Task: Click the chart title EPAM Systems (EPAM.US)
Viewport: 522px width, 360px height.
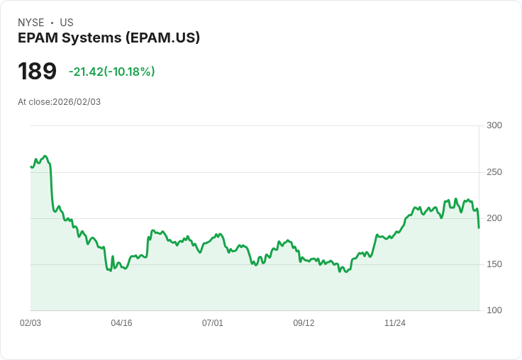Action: (x=109, y=38)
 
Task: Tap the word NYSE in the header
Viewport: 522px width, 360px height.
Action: (x=31, y=23)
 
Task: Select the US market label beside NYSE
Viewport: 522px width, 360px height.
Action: (x=67, y=23)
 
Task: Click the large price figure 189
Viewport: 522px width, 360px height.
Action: (x=37, y=71)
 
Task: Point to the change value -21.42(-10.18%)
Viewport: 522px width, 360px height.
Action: (x=111, y=72)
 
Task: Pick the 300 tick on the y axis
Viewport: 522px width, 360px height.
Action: (x=494, y=125)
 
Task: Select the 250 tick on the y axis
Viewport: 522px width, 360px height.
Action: (x=494, y=172)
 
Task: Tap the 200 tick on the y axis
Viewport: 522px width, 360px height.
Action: (x=494, y=218)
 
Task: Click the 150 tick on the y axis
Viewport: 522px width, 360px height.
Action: (x=494, y=264)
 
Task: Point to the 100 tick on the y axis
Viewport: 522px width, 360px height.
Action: (x=494, y=310)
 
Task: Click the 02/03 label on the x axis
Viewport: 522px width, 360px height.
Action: (x=30, y=323)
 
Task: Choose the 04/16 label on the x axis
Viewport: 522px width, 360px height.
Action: (x=121, y=323)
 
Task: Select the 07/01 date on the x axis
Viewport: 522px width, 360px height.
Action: (x=213, y=323)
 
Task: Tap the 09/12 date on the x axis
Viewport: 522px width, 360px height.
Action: (x=304, y=323)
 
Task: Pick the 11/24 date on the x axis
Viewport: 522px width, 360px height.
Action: (x=395, y=323)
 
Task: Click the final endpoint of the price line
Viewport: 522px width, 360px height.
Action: (x=479, y=227)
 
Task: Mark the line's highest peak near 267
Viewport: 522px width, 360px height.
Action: (x=45, y=156)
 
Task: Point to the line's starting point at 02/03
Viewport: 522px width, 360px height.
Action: (x=31, y=167)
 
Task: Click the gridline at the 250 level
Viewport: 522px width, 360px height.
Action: (x=255, y=172)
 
